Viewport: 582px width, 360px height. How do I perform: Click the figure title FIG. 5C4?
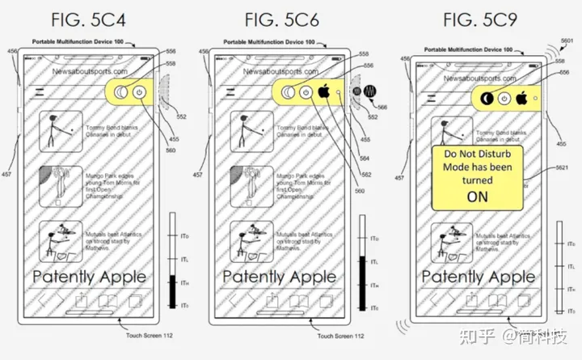click(95, 17)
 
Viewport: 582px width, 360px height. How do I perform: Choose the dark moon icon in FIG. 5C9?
click(487, 99)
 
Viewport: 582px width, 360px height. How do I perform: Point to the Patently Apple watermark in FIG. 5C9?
click(478, 276)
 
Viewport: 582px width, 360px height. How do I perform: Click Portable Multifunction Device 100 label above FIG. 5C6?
click(276, 40)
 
